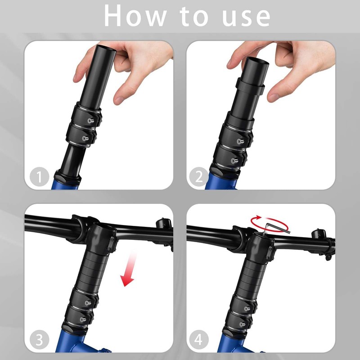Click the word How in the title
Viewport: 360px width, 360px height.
(x=135, y=16)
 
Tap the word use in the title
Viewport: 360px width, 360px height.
(x=246, y=17)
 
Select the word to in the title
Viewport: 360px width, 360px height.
(x=194, y=16)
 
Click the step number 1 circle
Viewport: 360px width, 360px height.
(x=39, y=176)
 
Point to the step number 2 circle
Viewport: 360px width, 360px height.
(x=199, y=176)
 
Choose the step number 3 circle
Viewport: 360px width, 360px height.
(x=39, y=340)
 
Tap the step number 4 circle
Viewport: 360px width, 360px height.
(x=199, y=340)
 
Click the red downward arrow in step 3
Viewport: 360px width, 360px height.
(x=129, y=269)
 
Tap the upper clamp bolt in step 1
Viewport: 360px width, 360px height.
(x=90, y=120)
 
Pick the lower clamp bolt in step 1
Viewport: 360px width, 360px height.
(x=85, y=138)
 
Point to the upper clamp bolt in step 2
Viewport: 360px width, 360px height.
(x=240, y=141)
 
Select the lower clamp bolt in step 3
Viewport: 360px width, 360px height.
(x=83, y=319)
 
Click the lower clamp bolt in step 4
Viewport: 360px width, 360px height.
(x=242, y=324)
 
